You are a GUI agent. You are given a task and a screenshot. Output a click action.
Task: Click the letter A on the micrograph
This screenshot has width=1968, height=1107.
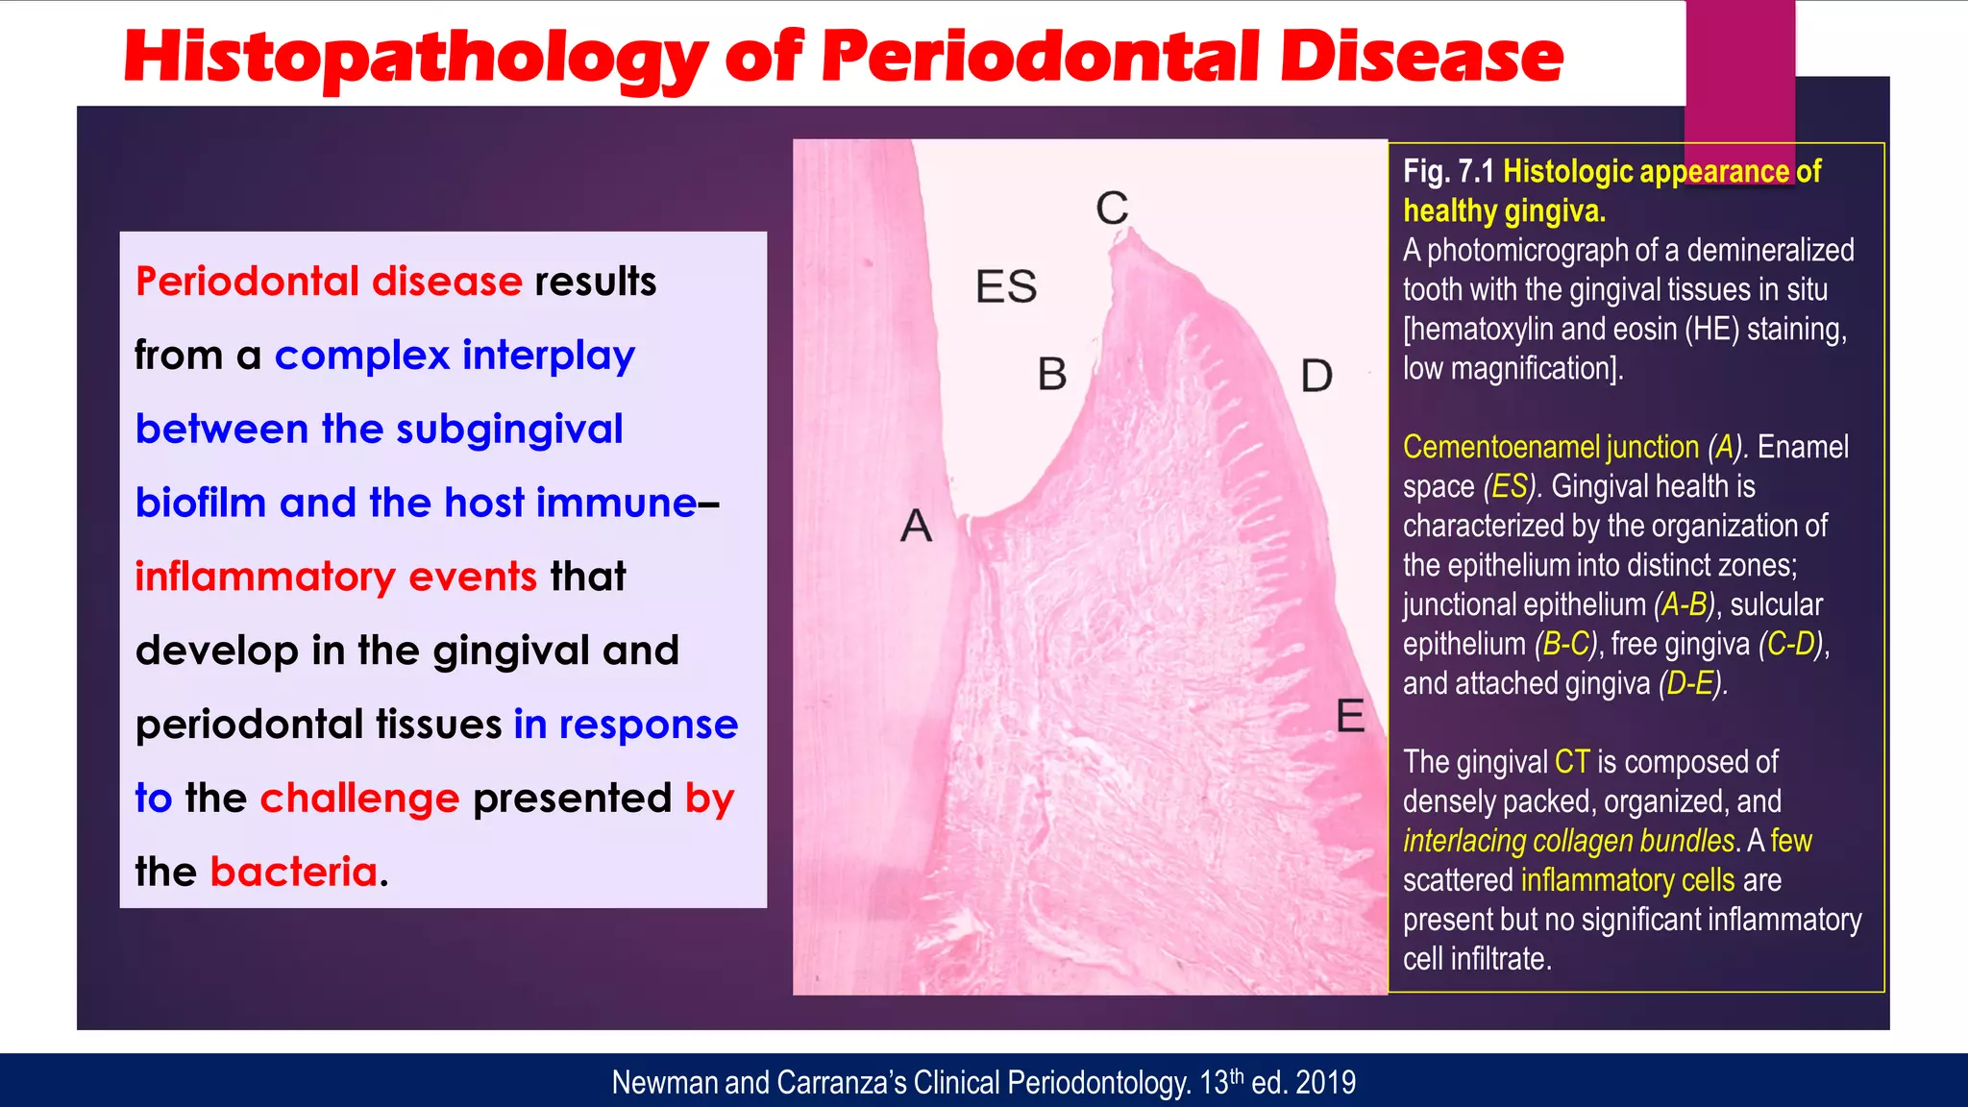(916, 526)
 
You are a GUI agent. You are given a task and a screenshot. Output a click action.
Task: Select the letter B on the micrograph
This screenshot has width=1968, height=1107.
(1052, 374)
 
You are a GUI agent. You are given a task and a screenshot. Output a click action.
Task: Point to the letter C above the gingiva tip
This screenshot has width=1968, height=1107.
(1112, 208)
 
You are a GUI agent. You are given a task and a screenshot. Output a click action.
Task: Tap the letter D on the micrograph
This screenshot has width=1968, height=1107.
(1316, 376)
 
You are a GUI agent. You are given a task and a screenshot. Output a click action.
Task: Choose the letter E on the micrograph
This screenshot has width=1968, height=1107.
(1350, 716)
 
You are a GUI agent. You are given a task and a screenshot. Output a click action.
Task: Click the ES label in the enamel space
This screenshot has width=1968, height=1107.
(1006, 286)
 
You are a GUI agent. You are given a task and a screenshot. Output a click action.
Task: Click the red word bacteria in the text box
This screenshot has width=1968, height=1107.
(294, 872)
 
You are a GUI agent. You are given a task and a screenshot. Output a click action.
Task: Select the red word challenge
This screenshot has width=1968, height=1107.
(359, 798)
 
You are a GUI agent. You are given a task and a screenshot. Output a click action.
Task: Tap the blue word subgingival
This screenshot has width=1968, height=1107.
(509, 429)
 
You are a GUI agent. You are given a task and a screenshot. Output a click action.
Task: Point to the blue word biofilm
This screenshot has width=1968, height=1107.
(200, 503)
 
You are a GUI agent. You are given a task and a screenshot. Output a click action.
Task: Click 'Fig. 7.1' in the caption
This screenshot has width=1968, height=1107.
(1447, 171)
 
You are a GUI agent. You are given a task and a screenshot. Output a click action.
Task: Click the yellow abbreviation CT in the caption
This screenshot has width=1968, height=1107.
(1572, 762)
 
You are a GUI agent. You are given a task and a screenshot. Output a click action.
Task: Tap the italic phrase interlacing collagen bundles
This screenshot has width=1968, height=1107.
(1568, 841)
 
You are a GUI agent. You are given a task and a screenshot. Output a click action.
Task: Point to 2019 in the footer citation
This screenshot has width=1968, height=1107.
(1325, 1083)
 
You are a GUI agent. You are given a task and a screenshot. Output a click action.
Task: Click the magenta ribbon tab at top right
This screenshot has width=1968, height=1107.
(1739, 77)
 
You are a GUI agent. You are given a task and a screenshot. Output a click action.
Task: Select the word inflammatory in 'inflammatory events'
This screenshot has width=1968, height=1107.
(264, 577)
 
